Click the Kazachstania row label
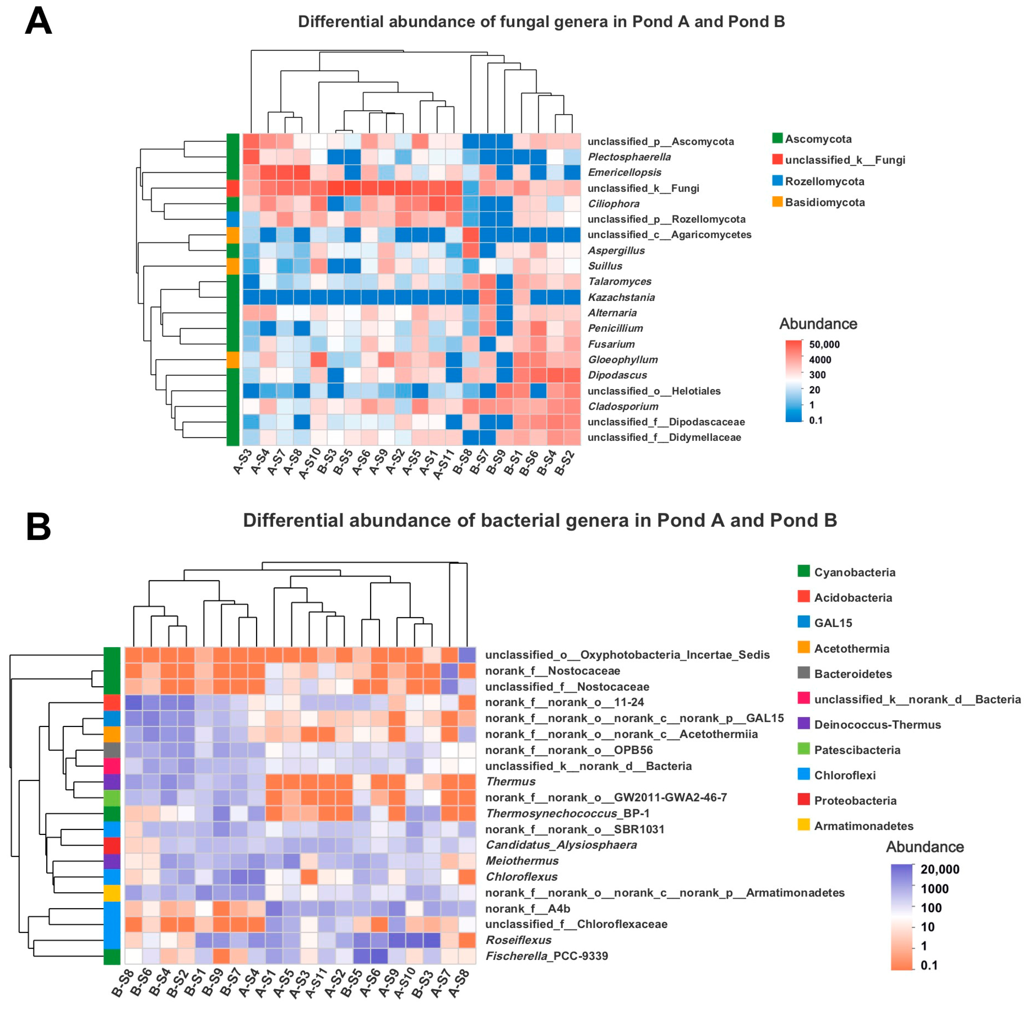click(x=621, y=297)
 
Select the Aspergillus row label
click(x=616, y=250)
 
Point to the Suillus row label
click(x=605, y=266)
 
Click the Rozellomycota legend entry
click(x=824, y=181)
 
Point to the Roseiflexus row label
click(x=519, y=939)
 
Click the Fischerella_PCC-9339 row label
click(x=547, y=955)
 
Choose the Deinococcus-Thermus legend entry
click(x=877, y=725)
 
